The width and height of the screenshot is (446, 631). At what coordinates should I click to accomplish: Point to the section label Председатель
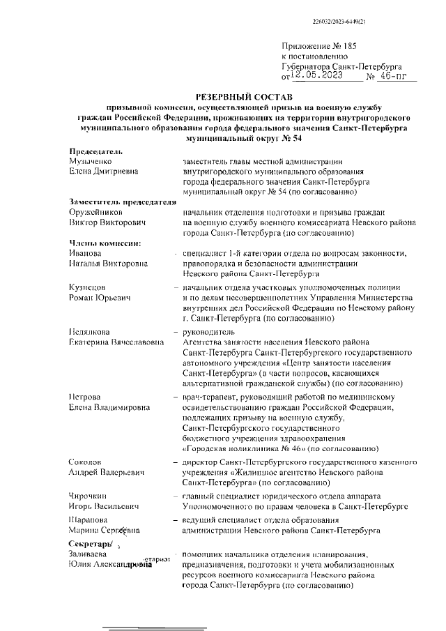click(x=96, y=151)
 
